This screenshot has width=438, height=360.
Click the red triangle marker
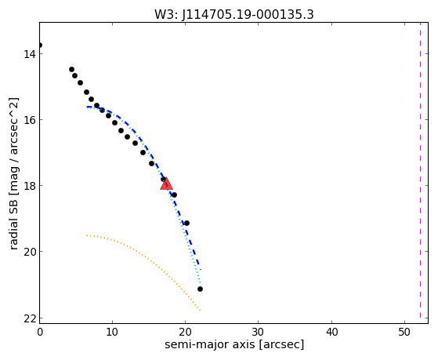[166, 184]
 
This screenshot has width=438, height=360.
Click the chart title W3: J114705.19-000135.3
[234, 14]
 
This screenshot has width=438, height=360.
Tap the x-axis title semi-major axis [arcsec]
[234, 344]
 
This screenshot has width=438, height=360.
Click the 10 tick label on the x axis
[112, 332]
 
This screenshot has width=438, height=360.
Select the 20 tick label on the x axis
[185, 332]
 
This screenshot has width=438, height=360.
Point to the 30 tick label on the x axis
[258, 332]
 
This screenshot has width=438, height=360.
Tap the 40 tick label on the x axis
[331, 332]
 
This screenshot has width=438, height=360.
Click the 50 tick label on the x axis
[404, 332]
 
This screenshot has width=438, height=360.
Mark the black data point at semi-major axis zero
[40, 45]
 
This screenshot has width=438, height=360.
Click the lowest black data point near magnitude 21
[200, 289]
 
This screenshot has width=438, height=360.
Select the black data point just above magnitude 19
[187, 223]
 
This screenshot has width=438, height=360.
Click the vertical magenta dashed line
[420, 171]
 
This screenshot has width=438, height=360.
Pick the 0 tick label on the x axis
[40, 332]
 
